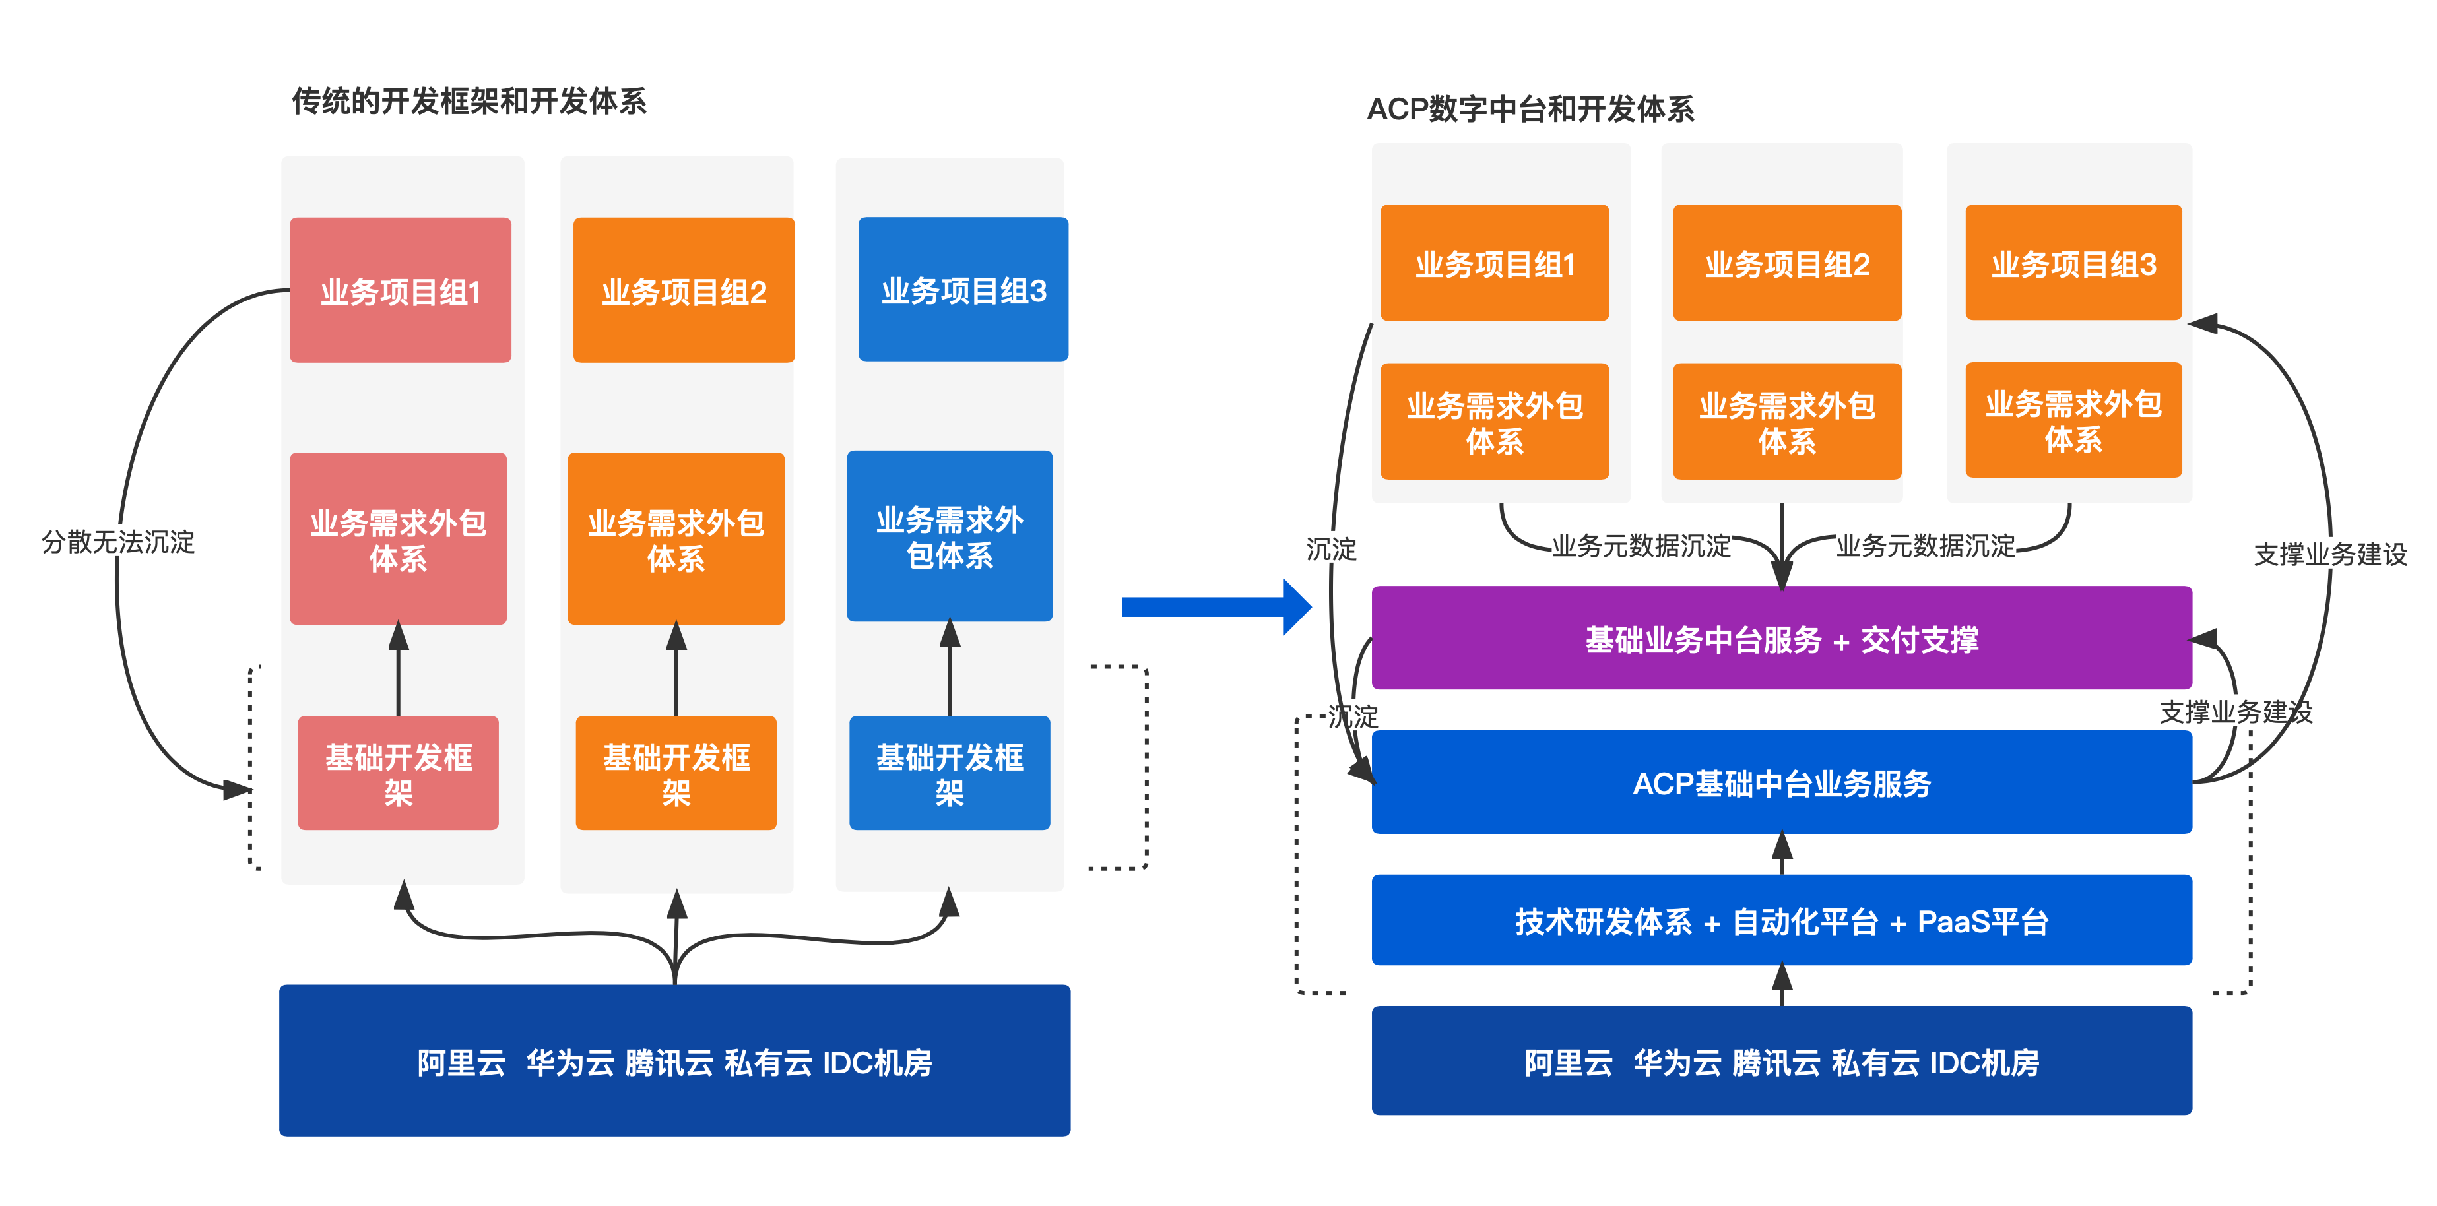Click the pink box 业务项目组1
coord(400,290)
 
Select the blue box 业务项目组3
coord(963,290)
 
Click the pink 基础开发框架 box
coord(399,773)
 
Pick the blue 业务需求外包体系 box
coord(950,536)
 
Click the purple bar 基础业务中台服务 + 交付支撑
coord(1782,639)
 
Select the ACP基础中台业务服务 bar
coord(1782,782)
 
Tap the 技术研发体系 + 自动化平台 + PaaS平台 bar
coord(1782,920)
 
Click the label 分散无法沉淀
coord(118,541)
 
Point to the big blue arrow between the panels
coord(1216,606)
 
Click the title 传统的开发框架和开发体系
coord(469,101)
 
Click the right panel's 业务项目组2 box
coord(1787,263)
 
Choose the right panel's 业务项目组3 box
coord(2073,263)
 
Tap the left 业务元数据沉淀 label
coord(1641,546)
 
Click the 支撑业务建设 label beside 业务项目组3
coord(2330,554)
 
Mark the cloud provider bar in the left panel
coord(674,1060)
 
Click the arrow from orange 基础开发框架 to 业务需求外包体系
coord(676,670)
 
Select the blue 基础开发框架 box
coord(950,773)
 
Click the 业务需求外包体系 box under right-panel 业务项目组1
coord(1495,422)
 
